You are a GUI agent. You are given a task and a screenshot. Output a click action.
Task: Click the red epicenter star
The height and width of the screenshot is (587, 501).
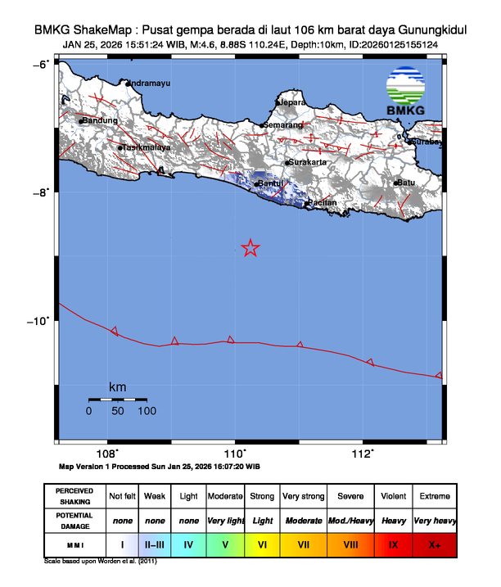click(251, 248)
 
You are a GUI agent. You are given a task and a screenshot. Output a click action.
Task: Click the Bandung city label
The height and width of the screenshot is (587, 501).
click(101, 121)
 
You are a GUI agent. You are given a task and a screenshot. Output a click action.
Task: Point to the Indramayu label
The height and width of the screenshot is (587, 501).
click(152, 83)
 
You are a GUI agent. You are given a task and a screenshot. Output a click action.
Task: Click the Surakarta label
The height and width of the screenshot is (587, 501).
click(309, 163)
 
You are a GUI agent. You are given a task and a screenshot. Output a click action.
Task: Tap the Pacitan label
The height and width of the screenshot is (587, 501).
click(323, 202)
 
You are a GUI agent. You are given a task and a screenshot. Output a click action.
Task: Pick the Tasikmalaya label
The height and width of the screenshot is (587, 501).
click(147, 148)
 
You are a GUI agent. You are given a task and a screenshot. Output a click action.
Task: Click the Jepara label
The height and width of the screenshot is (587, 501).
click(293, 103)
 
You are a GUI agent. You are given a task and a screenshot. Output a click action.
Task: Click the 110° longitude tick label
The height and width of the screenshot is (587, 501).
click(235, 453)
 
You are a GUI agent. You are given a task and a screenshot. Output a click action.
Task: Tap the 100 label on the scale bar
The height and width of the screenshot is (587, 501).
click(147, 411)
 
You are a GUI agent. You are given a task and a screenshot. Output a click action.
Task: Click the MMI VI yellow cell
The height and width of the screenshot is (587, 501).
click(263, 543)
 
